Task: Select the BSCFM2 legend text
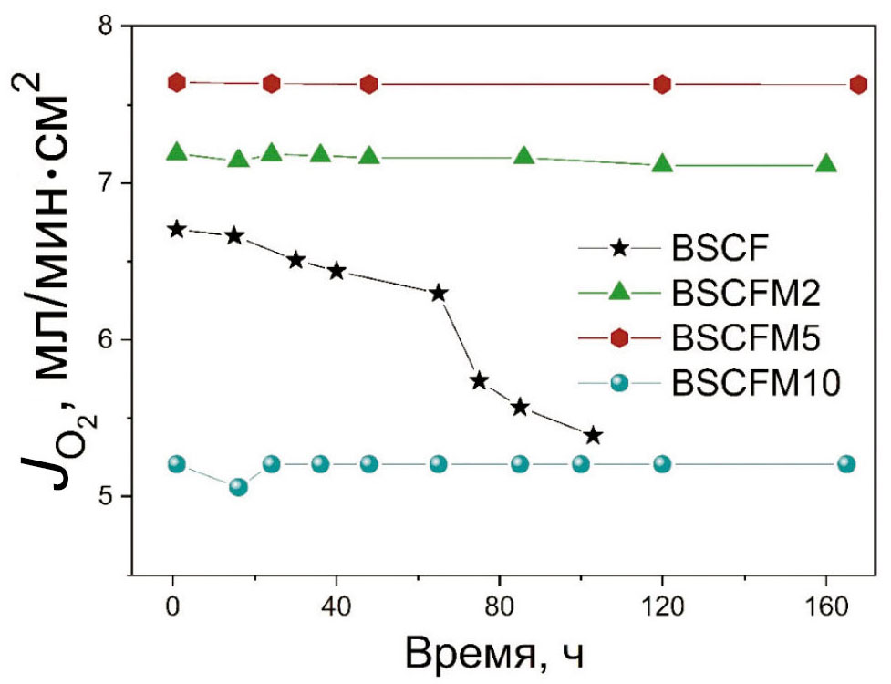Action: click(x=745, y=293)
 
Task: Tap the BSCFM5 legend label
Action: click(x=745, y=338)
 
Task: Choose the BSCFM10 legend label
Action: click(x=754, y=384)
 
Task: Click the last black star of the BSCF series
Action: click(x=594, y=436)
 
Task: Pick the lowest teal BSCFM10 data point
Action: click(x=238, y=487)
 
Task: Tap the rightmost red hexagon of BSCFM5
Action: click(x=858, y=85)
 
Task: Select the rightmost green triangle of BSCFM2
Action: click(x=826, y=164)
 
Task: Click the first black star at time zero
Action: click(x=177, y=230)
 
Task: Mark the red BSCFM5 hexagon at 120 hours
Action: click(x=662, y=85)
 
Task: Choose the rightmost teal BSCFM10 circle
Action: click(x=846, y=464)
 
